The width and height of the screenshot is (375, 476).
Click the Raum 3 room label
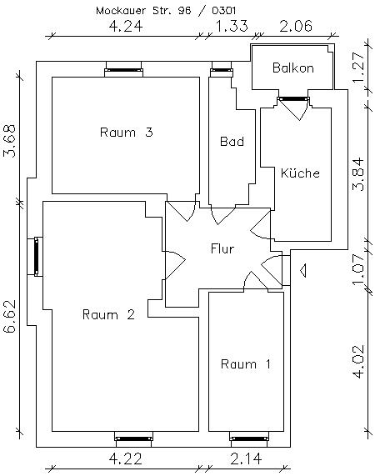(125, 132)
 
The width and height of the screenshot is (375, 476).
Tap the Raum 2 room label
(108, 314)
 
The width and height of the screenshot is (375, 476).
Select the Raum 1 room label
(246, 363)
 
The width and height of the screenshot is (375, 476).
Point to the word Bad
(232, 142)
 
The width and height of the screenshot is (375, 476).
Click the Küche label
(300, 173)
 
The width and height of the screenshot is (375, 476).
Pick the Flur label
(222, 248)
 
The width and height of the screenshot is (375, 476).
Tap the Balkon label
(292, 68)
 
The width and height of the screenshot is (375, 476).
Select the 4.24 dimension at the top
(126, 27)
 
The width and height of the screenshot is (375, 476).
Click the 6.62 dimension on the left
(11, 317)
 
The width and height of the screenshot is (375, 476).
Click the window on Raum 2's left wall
(37, 256)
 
